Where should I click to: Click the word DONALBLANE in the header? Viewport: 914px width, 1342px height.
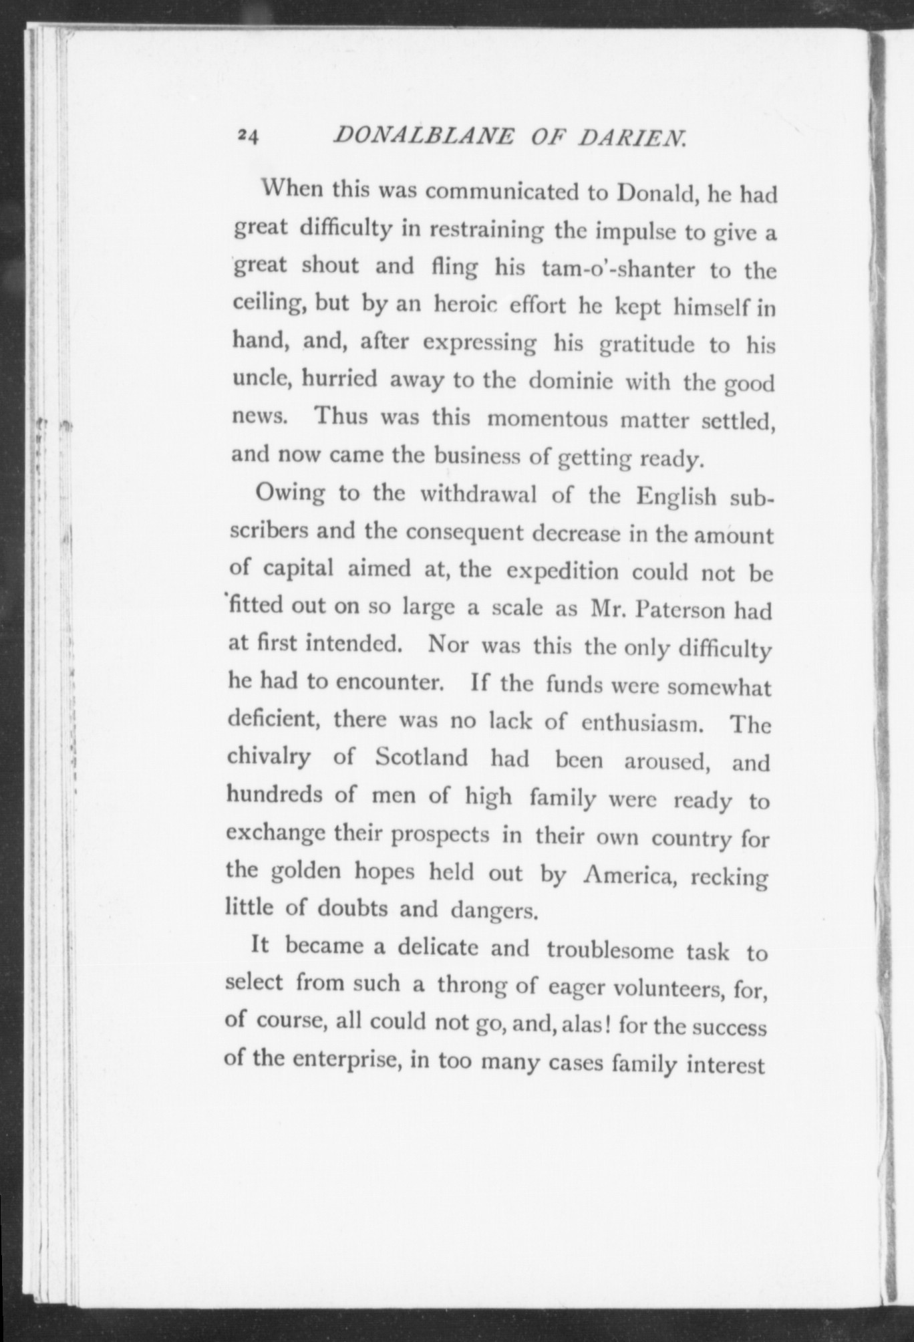(424, 136)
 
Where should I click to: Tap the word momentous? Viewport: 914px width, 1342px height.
(548, 420)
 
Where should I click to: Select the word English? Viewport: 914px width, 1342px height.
(676, 497)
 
